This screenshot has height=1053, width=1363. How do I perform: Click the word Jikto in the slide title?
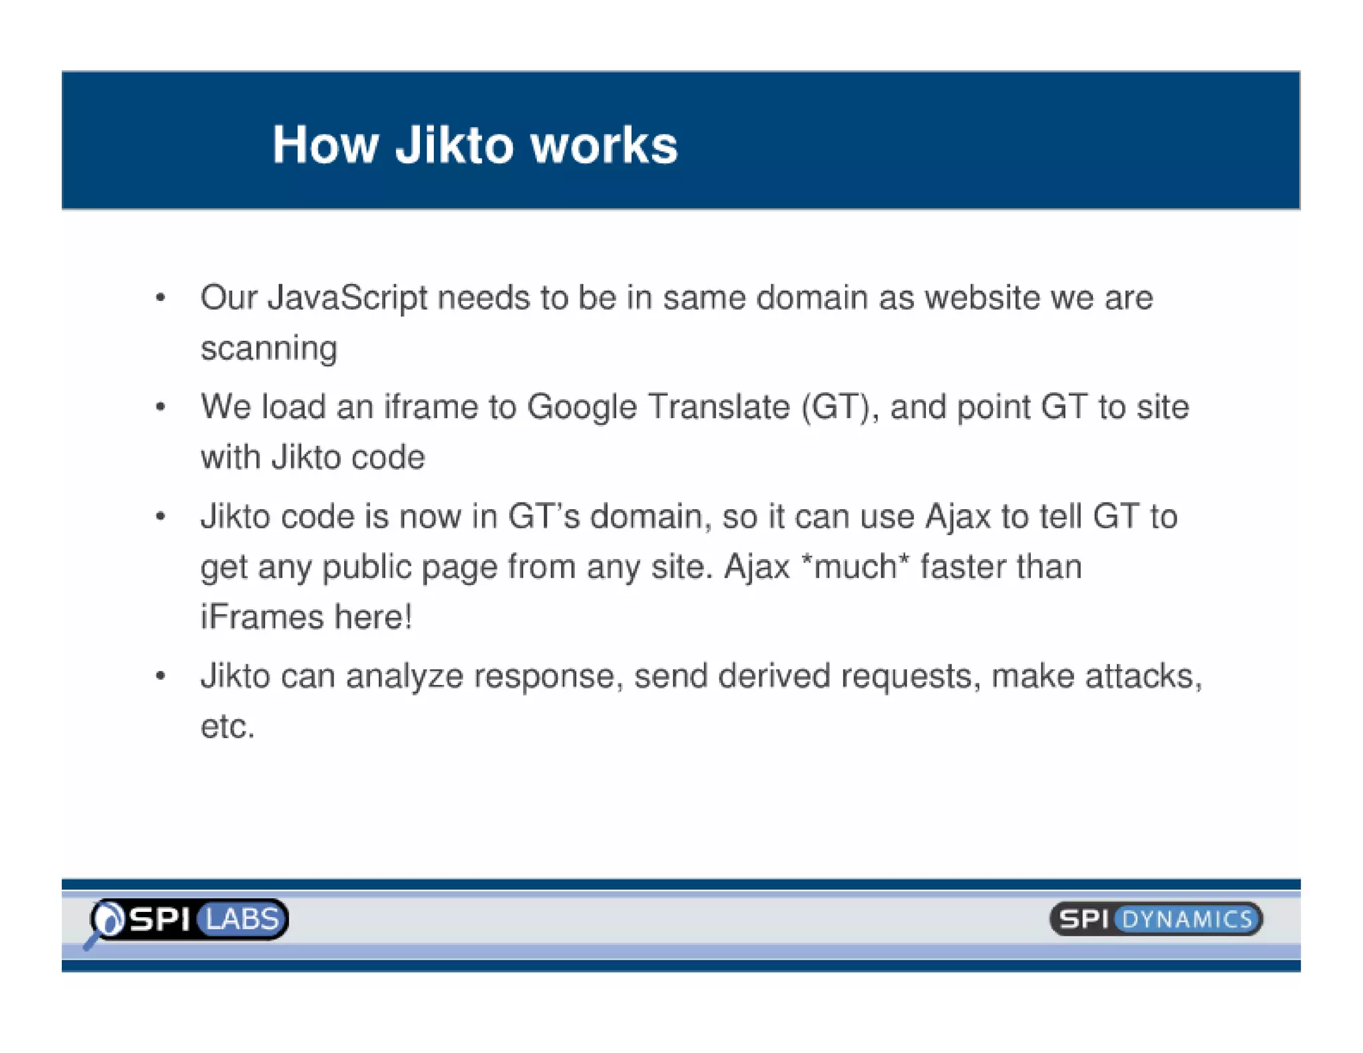[x=455, y=144]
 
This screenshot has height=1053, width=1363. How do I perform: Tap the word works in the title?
[x=604, y=144]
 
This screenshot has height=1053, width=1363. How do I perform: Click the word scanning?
[x=269, y=349]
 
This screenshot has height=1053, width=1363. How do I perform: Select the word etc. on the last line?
[x=228, y=726]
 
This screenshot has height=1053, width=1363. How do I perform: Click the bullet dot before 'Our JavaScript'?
[x=160, y=298]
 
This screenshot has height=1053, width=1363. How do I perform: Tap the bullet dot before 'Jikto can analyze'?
[x=160, y=677]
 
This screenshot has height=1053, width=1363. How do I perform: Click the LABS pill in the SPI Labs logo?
[x=242, y=919]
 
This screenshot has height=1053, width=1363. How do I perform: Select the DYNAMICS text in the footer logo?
[x=1187, y=920]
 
